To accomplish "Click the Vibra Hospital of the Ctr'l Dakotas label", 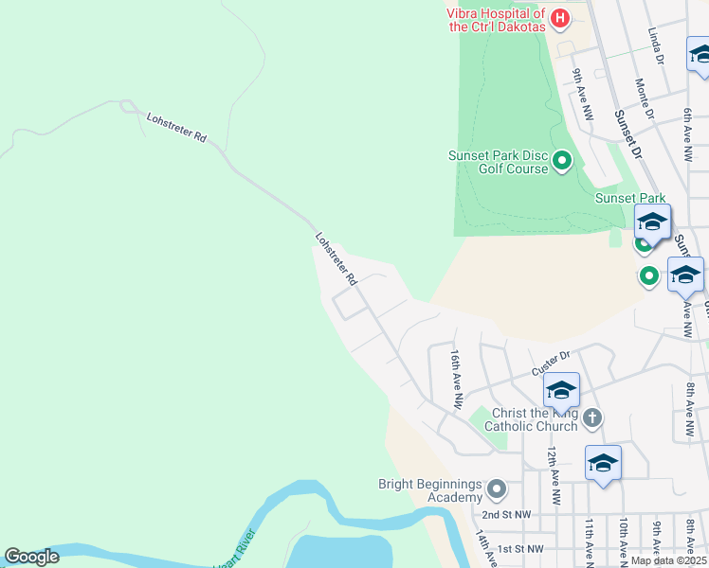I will tap(498, 20).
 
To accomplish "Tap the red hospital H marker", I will tap(560, 17).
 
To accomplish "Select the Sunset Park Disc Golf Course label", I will tap(499, 162).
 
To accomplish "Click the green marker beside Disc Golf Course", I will tap(562, 161).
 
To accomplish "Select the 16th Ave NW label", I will tap(457, 377).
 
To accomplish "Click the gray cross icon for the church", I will tap(591, 417).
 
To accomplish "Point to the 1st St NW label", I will tap(520, 549).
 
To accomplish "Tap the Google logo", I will tap(31, 557).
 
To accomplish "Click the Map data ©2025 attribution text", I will tap(668, 560).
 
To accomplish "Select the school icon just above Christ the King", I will tap(561, 390).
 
